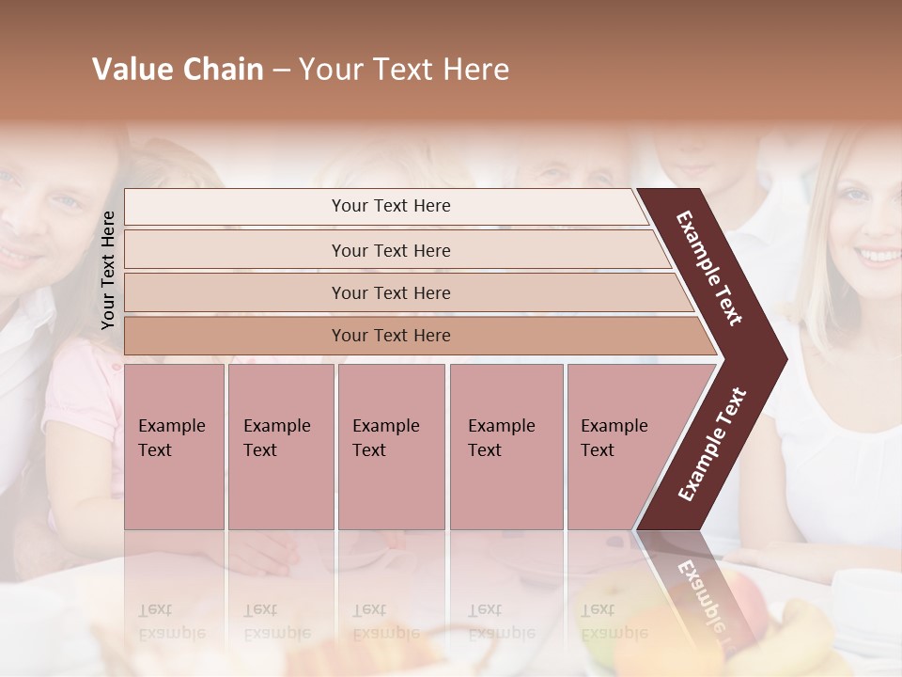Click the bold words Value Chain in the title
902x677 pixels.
(x=178, y=70)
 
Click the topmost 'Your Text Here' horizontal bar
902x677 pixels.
(x=390, y=206)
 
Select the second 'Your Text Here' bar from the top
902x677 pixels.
(x=390, y=250)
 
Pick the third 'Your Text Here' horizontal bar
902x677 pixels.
(x=390, y=292)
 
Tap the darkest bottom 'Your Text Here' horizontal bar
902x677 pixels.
(x=390, y=336)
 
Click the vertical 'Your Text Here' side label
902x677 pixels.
(x=108, y=270)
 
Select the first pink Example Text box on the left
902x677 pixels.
(x=174, y=447)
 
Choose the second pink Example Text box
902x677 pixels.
(x=280, y=447)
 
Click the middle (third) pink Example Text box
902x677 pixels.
(x=391, y=447)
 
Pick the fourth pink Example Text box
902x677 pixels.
(x=505, y=447)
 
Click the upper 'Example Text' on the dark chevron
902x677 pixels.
(x=710, y=268)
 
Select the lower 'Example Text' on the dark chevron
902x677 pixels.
(x=712, y=444)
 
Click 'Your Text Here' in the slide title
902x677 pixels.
(x=404, y=70)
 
